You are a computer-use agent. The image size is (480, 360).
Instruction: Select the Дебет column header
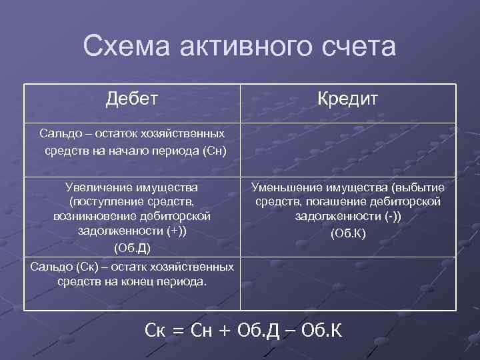click(132, 99)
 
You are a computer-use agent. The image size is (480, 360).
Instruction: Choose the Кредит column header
click(347, 99)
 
